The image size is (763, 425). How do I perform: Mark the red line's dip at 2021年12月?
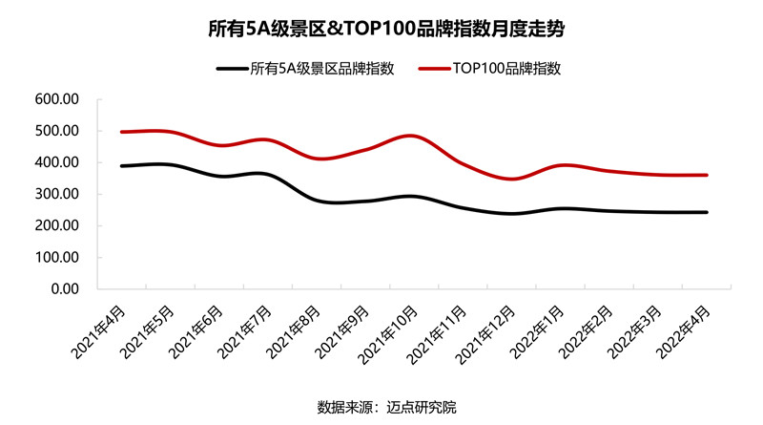(511, 179)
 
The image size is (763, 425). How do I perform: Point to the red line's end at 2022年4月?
(707, 175)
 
